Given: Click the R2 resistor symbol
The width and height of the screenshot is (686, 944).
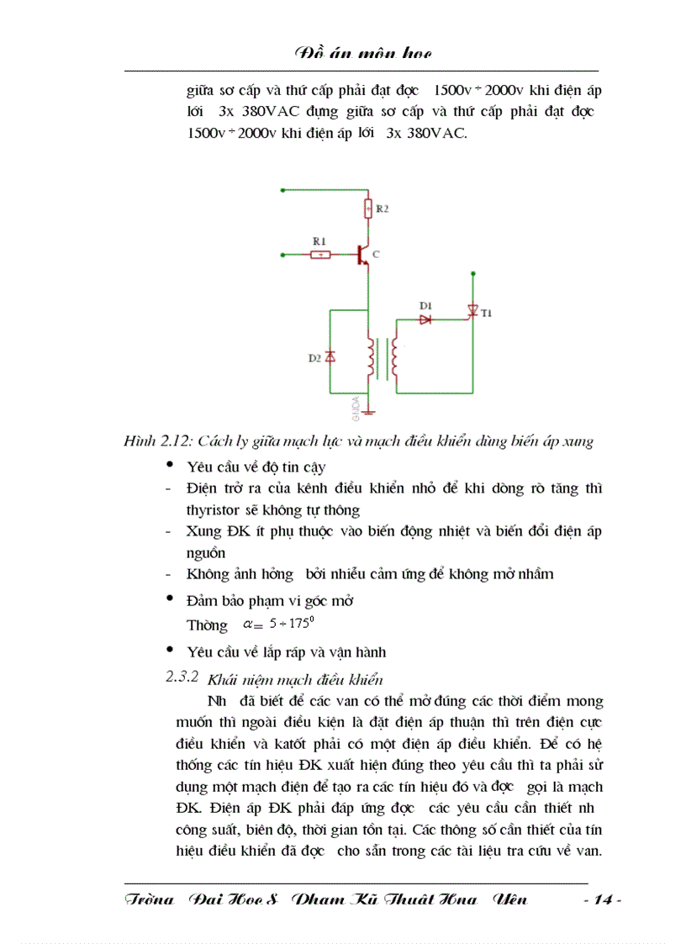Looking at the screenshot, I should (x=367, y=207).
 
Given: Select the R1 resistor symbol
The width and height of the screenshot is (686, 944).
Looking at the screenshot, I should (x=319, y=253).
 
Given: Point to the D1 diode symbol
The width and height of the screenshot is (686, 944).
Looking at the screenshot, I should (x=425, y=319).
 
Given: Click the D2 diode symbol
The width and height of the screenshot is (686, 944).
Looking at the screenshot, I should (x=330, y=358).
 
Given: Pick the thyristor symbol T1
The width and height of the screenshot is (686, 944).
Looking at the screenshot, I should (x=472, y=312).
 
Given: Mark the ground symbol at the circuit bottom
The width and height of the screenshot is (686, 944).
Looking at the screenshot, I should (x=368, y=411).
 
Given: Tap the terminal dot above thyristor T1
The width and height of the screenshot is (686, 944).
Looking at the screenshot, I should (x=473, y=273).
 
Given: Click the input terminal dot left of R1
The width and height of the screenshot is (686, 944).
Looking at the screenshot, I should (x=282, y=253).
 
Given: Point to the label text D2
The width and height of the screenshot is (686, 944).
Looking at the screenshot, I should (x=314, y=359).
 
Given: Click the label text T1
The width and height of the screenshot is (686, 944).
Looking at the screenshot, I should (x=487, y=314).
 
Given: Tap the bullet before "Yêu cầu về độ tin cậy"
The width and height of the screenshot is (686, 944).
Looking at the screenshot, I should (x=171, y=465).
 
